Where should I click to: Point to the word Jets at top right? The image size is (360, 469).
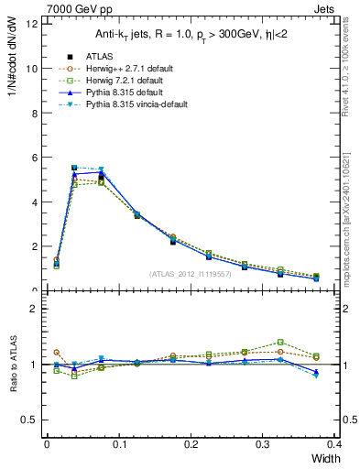[x=338, y=8]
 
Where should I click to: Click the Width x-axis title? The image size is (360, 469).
[x=325, y=458]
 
